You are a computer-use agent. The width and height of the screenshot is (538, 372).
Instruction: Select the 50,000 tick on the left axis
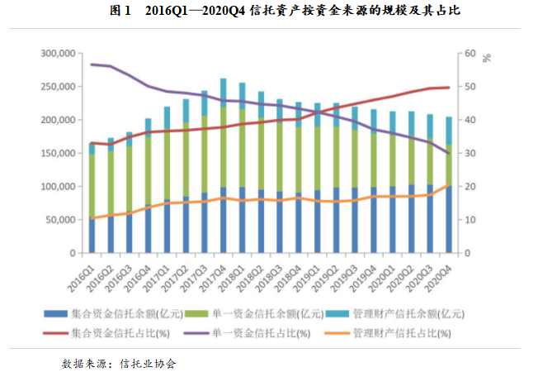[x=59, y=220]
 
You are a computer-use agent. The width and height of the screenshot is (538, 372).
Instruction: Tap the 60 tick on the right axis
[x=470, y=54]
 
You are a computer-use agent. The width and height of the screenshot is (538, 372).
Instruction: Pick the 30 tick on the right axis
[x=470, y=154]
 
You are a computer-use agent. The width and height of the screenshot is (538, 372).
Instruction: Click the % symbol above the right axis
[x=487, y=58]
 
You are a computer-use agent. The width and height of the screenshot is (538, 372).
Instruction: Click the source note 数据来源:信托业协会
[x=119, y=363]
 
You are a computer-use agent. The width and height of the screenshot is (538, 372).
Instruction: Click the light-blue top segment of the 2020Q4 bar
[x=448, y=131]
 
